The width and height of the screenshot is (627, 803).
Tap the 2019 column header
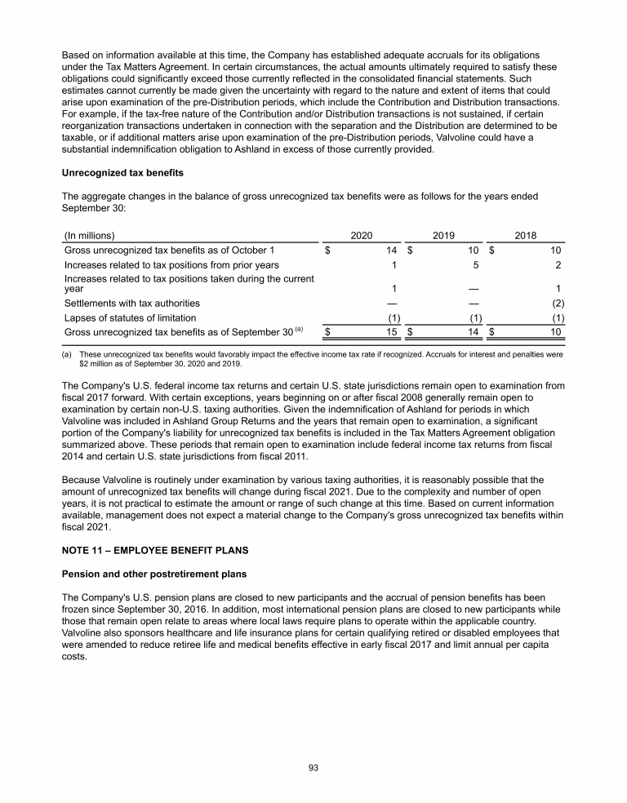[443, 235]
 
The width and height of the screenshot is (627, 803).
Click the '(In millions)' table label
[89, 235]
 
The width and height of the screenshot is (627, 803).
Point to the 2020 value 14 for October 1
[392, 250]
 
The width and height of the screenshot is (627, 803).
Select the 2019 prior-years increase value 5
[475, 264]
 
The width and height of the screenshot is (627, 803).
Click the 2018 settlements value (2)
[554, 303]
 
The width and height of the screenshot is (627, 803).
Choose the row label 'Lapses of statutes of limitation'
[130, 317]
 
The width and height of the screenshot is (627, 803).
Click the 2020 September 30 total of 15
[392, 332]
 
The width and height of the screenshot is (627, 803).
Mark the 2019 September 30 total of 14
[473, 332]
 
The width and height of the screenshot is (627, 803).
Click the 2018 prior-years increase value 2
[557, 264]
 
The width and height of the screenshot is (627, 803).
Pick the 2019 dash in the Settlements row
[474, 303]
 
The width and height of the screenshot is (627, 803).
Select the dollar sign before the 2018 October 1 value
[492, 250]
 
